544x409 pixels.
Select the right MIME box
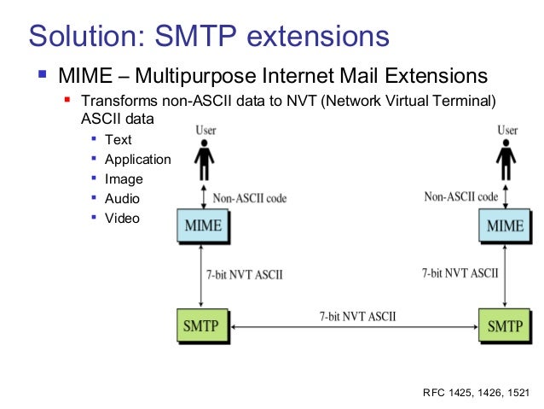pos(506,226)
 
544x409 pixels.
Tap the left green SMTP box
pos(201,325)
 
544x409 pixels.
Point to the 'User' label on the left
pos(205,131)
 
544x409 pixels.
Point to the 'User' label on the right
pos(507,131)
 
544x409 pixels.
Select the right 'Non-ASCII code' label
pos(461,196)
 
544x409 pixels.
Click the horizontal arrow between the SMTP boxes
pos(353,327)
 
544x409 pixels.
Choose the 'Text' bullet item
pos(118,139)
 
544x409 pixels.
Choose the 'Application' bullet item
pos(137,159)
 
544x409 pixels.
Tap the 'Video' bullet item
pos(121,218)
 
